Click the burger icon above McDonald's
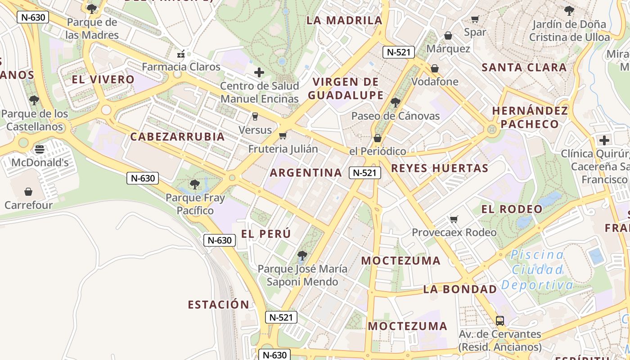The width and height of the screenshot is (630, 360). (40, 149)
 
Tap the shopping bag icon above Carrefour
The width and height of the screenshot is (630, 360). (28, 192)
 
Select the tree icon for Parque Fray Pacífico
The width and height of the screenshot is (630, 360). (195, 184)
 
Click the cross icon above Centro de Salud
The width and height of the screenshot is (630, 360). (259, 72)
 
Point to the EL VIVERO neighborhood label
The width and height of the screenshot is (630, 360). (103, 80)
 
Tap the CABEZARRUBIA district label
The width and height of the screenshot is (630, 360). (177, 137)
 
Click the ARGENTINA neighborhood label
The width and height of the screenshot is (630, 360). (306, 173)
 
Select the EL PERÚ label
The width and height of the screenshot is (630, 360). (266, 234)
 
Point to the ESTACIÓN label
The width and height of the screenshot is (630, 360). (218, 305)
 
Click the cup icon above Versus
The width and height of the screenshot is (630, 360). (255, 117)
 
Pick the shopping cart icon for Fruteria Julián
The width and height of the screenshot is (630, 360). (283, 135)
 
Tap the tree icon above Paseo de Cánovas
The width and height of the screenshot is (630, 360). (395, 103)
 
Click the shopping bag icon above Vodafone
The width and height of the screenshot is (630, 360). (435, 68)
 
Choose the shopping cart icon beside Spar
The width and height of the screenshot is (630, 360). (475, 19)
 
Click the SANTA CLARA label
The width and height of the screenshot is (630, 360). (524, 68)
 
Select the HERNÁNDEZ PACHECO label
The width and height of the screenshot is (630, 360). (530, 117)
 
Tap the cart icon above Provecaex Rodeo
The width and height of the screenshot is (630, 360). (454, 219)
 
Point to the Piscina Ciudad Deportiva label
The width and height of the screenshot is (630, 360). (537, 270)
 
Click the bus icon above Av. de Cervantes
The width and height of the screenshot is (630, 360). (499, 321)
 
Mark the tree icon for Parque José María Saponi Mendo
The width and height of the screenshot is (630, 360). (302, 256)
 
